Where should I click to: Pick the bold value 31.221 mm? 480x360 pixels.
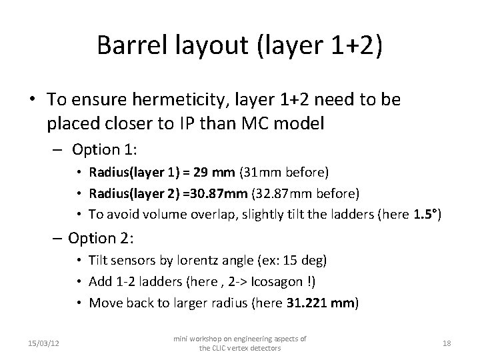coord(321,303)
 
